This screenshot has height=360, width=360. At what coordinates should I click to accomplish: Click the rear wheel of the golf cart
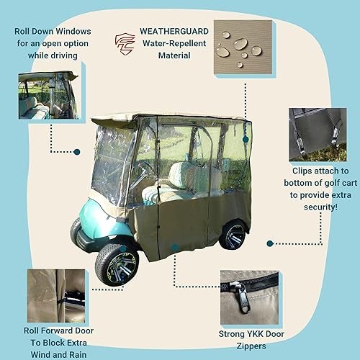[234, 235]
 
